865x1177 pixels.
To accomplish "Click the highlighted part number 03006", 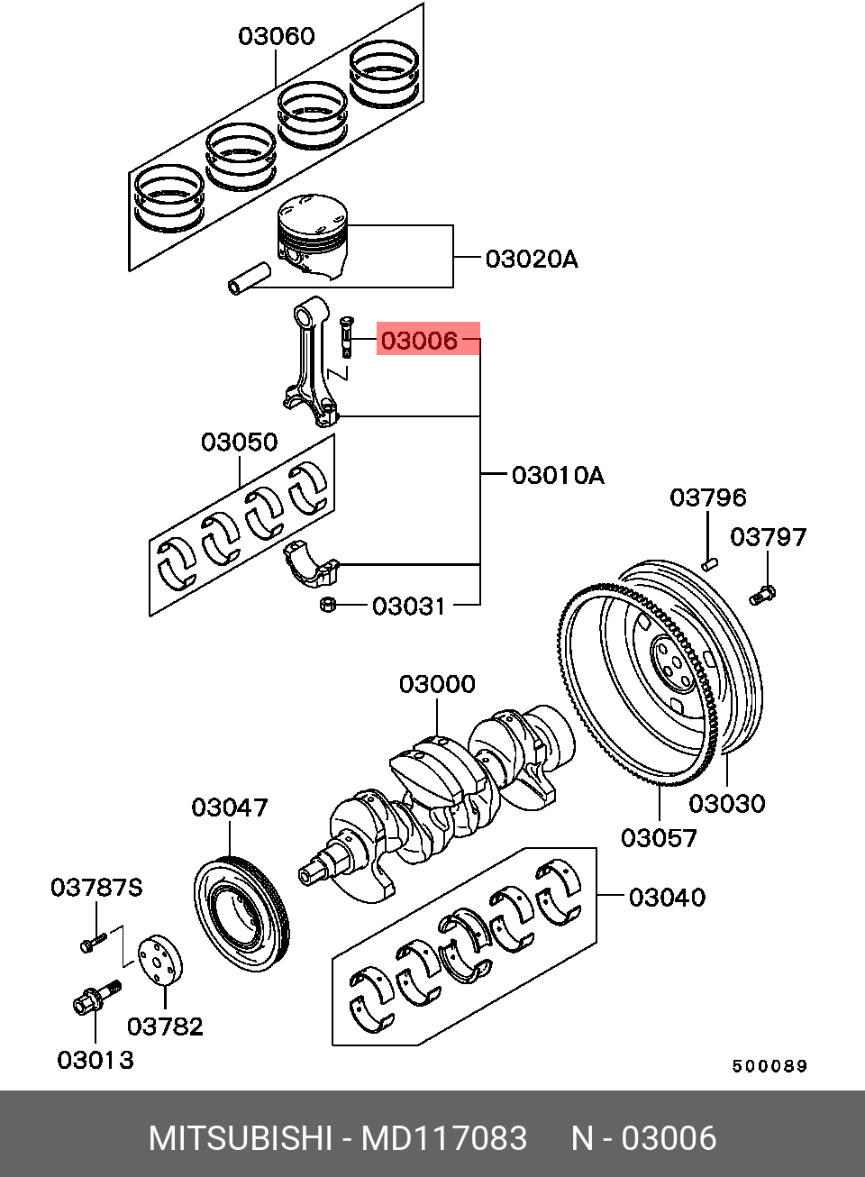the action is [x=420, y=341].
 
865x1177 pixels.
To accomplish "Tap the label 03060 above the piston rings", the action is [x=277, y=36].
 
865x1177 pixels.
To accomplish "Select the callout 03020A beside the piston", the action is [x=532, y=259].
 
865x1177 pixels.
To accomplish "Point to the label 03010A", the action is [x=558, y=475].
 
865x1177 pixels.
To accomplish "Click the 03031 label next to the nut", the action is [x=409, y=607].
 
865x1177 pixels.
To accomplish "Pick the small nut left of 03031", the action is [x=327, y=604].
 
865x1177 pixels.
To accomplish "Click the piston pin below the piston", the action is [x=250, y=278].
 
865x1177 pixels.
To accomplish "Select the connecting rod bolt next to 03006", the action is [x=346, y=336].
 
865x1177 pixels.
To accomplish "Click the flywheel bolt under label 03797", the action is [x=762, y=596].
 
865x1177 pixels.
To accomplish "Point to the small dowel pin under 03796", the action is [x=709, y=564].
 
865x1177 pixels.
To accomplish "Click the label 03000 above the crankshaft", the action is [x=437, y=684].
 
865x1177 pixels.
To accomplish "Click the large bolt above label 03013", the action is [x=96, y=997].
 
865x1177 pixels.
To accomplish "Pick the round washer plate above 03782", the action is [x=160, y=960].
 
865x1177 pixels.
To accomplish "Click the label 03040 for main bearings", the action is [x=667, y=897].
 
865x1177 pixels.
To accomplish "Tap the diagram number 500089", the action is [x=769, y=1066].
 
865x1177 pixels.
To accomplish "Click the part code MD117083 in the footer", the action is [x=444, y=1137].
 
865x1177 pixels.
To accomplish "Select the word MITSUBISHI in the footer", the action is [x=241, y=1137].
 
